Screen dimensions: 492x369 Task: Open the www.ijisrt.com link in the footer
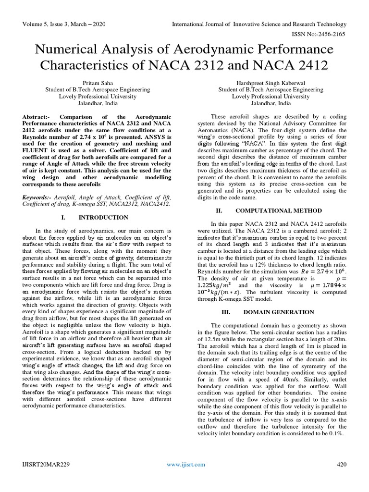tap(185, 465)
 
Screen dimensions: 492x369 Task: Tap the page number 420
tap(342, 465)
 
